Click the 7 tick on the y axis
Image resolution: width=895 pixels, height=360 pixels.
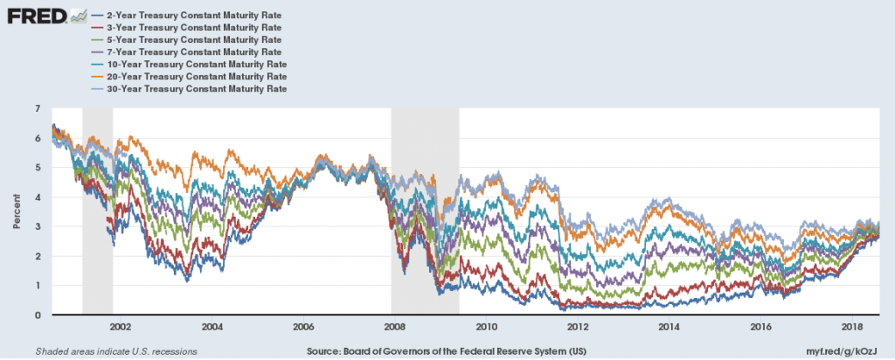click(38, 108)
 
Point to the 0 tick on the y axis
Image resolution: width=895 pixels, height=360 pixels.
click(38, 315)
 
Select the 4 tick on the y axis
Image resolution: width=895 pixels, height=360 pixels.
click(38, 197)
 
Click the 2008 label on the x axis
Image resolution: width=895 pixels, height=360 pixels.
click(395, 328)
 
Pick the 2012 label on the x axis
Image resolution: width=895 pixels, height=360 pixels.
click(578, 328)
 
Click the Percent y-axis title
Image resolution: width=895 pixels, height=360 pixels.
click(17, 211)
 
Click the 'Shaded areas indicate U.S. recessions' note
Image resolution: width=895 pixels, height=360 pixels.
click(115, 350)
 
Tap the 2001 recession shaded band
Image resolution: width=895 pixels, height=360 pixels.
click(97, 210)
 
